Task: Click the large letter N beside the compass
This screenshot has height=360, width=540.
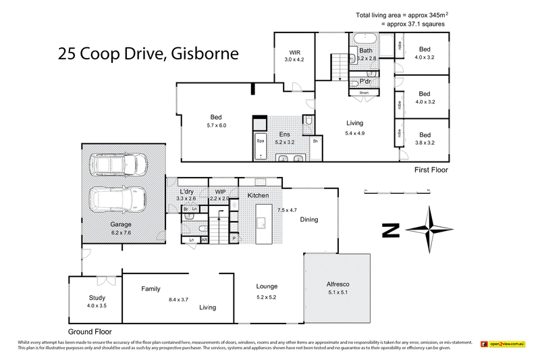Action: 389,230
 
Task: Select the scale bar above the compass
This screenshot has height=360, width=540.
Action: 396,191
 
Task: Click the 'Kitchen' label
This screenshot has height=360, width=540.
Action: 258,195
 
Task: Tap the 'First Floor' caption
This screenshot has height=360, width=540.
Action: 431,170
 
